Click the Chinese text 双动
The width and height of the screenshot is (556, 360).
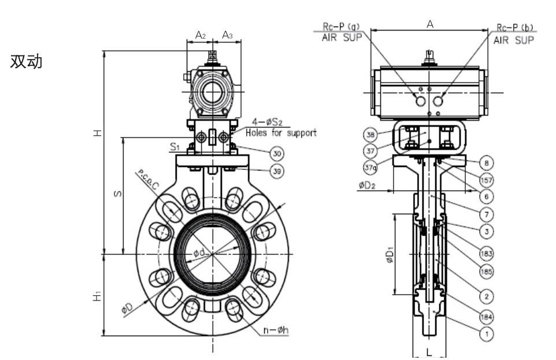(27, 62)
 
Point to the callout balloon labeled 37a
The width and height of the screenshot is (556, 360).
(370, 168)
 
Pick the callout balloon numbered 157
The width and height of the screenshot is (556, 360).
(487, 180)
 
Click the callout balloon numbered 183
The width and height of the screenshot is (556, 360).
(487, 253)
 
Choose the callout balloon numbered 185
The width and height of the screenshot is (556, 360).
(487, 270)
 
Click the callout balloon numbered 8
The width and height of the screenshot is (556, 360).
(487, 162)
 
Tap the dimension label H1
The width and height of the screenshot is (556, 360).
(98, 295)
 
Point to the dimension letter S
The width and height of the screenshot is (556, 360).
(117, 195)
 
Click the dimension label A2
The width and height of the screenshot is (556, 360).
(200, 35)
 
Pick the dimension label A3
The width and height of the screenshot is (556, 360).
(228, 35)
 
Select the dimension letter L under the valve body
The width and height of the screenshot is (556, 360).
(428, 351)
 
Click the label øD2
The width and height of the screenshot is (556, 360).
(368, 185)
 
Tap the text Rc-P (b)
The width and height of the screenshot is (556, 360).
(514, 27)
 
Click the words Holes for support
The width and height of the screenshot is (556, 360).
(281, 133)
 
